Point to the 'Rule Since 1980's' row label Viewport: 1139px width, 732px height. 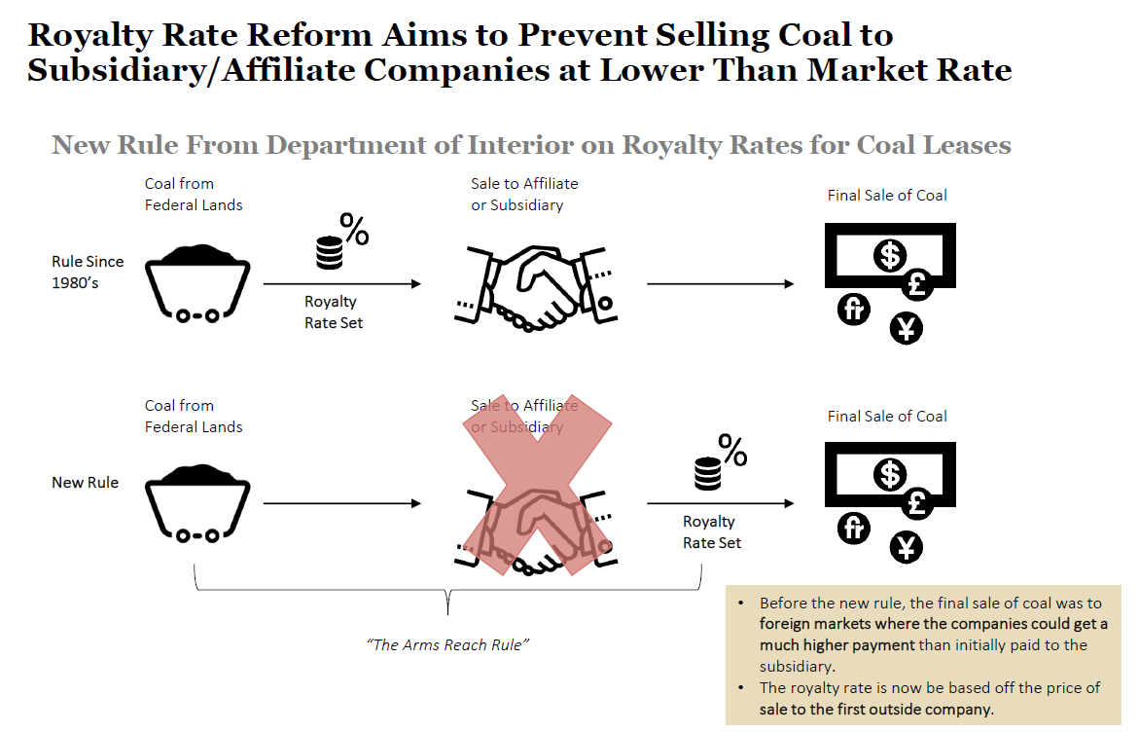89,272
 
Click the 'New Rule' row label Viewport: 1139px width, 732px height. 85,482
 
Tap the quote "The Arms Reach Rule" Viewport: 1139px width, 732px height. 448,645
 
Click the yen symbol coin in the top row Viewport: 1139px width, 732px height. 907,329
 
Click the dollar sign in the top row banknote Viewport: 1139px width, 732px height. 889,255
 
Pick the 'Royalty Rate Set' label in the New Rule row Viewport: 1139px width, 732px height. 710,532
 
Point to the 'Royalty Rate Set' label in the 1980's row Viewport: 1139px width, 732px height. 333,312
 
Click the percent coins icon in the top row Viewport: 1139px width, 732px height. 340,243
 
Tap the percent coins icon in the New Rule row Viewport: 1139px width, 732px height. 720,463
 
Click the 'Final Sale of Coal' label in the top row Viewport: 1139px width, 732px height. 887,195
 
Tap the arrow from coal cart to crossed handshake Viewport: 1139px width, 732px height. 342,503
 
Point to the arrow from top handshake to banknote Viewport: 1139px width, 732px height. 720,283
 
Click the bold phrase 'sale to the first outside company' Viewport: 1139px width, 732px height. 876,709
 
